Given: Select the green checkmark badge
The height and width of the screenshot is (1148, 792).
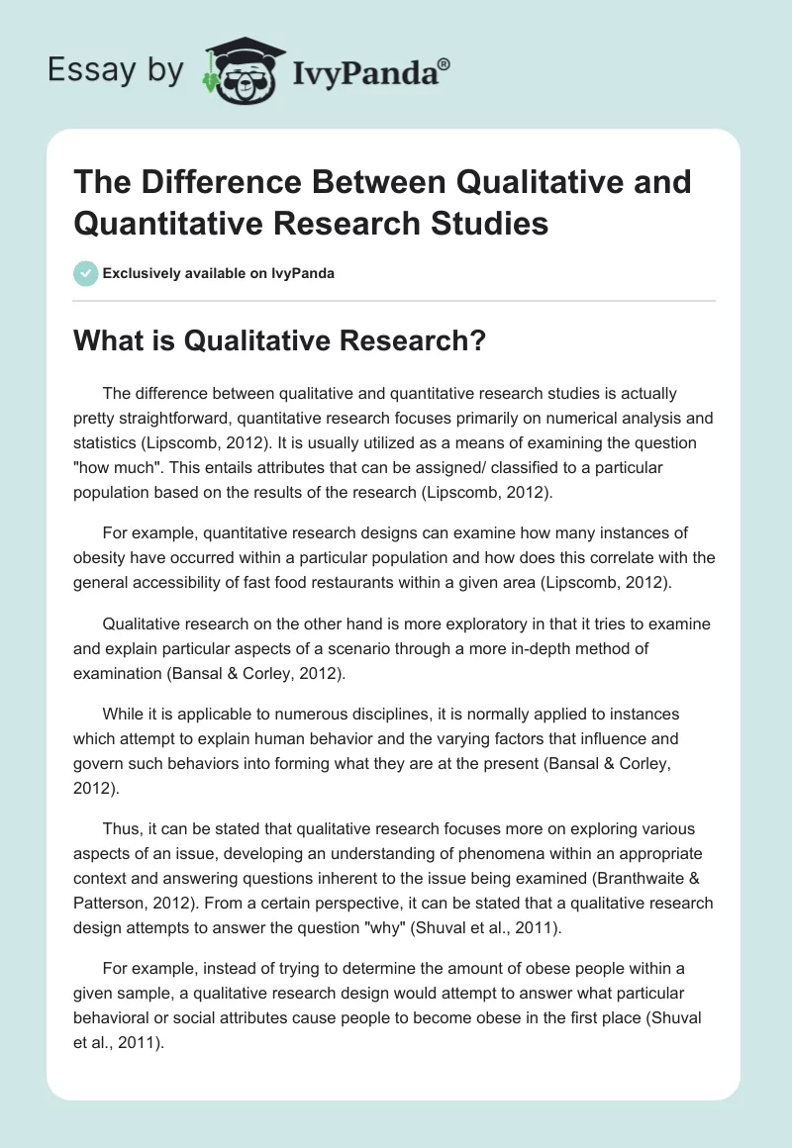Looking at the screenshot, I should (86, 273).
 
